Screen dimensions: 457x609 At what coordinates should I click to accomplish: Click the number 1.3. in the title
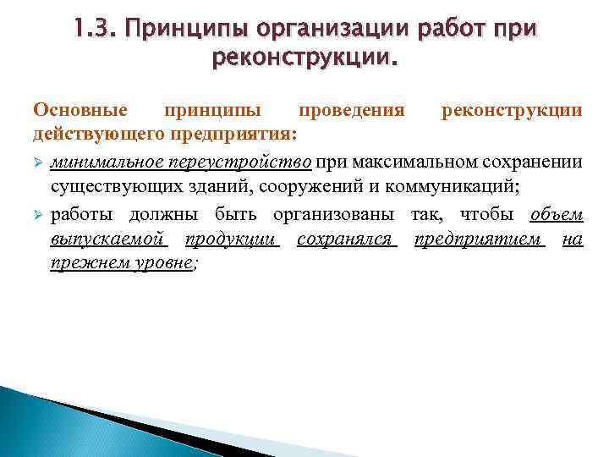pos(97,32)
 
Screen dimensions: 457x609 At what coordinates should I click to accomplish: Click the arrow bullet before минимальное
pos(38,162)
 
